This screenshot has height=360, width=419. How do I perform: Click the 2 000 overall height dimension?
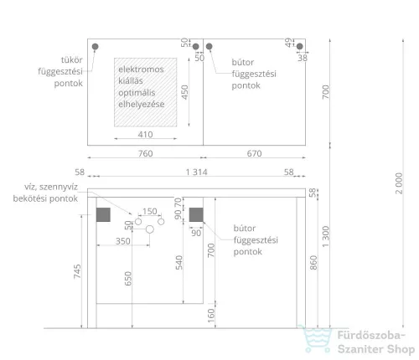click(399, 183)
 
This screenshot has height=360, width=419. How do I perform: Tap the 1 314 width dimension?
click(197, 172)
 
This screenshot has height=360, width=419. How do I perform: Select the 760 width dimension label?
click(146, 153)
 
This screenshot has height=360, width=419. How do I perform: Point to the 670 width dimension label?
click(254, 153)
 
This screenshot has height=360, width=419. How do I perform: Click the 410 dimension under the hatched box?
click(145, 135)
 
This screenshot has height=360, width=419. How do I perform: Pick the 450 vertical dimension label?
click(184, 92)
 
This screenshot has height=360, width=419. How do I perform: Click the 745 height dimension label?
click(77, 271)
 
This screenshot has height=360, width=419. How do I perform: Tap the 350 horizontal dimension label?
click(123, 241)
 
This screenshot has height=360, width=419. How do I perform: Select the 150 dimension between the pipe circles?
click(150, 211)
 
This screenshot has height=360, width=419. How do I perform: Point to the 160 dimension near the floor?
click(211, 316)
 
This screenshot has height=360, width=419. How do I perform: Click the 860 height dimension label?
click(313, 262)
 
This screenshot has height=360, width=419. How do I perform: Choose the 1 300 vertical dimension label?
click(326, 236)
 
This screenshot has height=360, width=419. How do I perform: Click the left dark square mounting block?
click(103, 214)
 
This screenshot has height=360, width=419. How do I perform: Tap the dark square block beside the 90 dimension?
click(196, 214)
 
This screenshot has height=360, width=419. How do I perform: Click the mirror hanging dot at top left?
click(95, 46)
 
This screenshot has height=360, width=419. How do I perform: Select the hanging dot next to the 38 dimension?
click(299, 46)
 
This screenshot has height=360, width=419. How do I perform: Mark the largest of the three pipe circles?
click(150, 229)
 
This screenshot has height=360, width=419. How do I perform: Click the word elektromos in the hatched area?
click(141, 69)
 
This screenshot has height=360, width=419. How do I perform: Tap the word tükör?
click(72, 59)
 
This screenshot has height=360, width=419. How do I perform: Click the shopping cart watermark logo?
click(315, 338)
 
